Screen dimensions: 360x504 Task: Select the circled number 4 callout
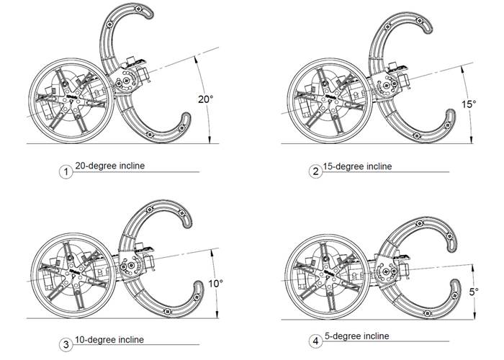(x=314, y=341)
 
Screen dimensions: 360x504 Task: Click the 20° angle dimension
(x=206, y=99)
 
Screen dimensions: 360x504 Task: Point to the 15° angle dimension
(x=469, y=104)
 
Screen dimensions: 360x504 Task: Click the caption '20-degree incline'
(x=109, y=166)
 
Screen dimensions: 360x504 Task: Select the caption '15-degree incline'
(x=358, y=166)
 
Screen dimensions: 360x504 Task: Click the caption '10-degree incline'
(x=109, y=340)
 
